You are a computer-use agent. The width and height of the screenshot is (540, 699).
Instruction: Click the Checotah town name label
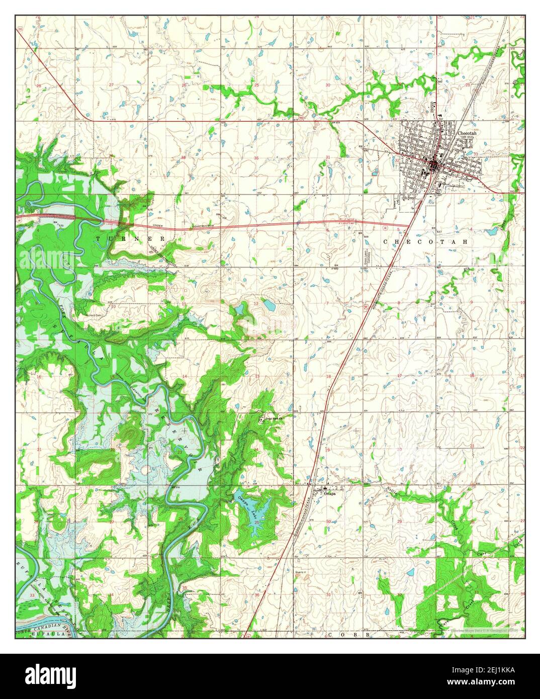click(466, 133)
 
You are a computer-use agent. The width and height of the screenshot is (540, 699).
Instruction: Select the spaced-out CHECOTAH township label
click(425, 242)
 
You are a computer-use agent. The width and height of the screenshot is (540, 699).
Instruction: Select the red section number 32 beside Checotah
click(397, 160)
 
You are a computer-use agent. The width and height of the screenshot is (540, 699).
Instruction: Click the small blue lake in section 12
click(268, 305)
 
